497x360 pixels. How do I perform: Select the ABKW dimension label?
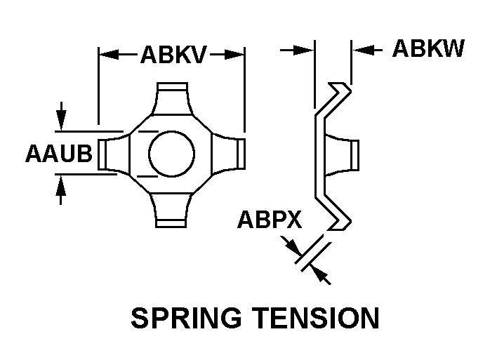[x=428, y=48]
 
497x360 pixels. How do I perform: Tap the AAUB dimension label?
[x=59, y=153]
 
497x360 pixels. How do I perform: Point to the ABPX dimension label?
[x=269, y=220]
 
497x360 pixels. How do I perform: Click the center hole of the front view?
[x=171, y=153]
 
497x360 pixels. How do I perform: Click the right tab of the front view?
[x=237, y=153]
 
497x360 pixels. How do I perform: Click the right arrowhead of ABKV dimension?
[x=237, y=53]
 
